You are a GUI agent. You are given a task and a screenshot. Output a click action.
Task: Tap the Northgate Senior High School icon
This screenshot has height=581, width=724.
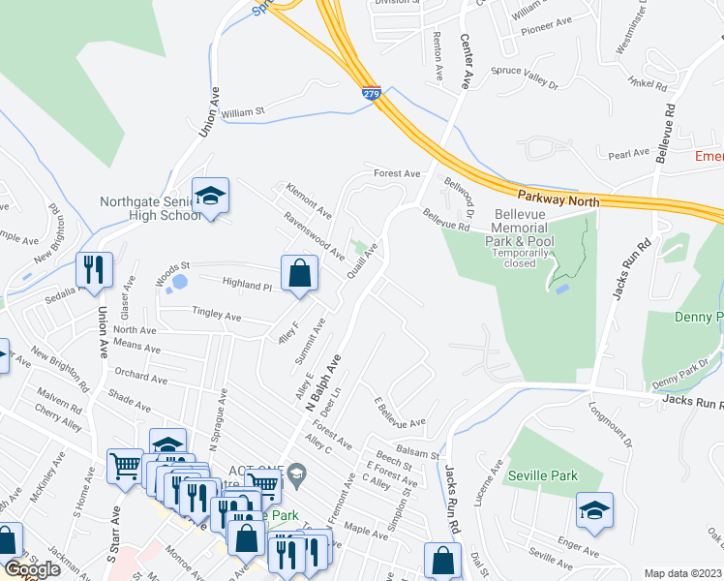coord(210,197)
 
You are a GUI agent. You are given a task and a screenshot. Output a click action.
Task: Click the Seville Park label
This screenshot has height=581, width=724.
coord(545,475)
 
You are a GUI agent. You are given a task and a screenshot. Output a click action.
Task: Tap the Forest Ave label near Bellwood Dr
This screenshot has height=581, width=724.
coord(398,174)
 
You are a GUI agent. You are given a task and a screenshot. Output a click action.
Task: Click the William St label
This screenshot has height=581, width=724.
coord(242,113)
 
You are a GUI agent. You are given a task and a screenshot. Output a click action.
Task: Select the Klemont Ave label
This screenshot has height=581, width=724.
coord(309,199)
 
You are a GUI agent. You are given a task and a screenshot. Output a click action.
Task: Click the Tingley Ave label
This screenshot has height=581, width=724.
coord(216,316)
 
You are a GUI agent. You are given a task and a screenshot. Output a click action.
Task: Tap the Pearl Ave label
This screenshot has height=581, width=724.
coord(628,154)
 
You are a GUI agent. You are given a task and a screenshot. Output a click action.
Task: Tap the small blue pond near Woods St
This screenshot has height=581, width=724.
coord(177,284)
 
